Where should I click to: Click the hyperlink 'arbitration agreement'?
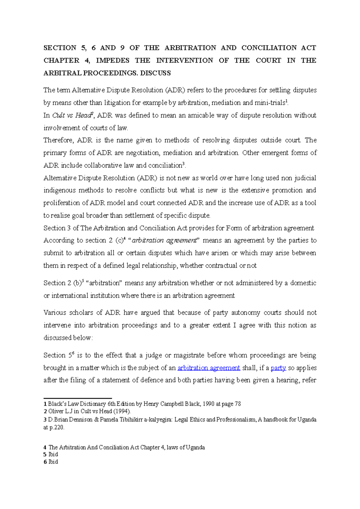(209, 368)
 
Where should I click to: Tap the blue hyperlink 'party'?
(278, 368)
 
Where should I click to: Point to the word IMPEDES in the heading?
(112, 61)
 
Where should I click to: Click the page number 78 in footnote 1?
(238, 404)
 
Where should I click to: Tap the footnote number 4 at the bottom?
(45, 448)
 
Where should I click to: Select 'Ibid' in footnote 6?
(53, 462)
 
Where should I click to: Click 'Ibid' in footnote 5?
(53, 455)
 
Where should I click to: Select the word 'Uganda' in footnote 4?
(195, 448)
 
